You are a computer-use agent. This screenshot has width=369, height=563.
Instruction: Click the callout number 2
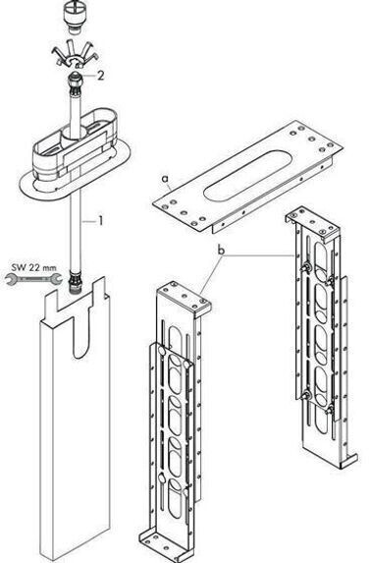[100, 76]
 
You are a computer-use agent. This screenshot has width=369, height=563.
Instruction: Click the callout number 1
[100, 221]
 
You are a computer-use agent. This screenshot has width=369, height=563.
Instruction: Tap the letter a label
[165, 179]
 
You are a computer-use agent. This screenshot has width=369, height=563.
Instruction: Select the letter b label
[222, 251]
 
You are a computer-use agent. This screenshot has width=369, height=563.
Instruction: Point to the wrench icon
[34, 279]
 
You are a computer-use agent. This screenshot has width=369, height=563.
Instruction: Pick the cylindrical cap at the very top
[76, 16]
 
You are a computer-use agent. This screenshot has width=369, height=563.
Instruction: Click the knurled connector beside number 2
[76, 84]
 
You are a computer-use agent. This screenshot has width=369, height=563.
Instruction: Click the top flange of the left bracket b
[184, 299]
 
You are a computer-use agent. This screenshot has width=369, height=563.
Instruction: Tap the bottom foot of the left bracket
[166, 544]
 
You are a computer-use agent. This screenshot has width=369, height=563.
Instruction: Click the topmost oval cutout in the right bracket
[320, 255]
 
